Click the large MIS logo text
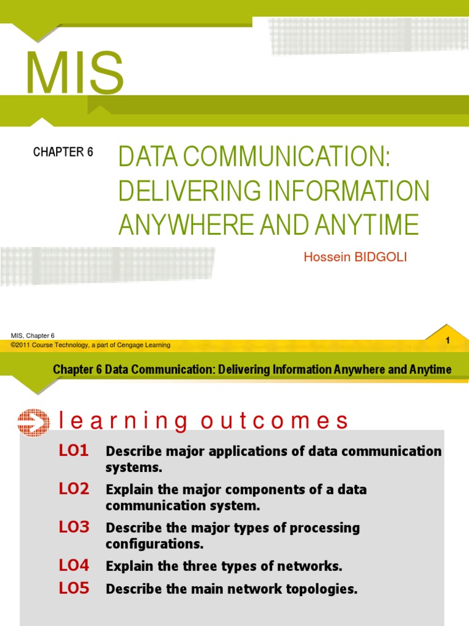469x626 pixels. click(x=75, y=73)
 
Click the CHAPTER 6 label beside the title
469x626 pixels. click(x=63, y=152)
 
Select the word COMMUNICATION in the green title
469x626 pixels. click(x=286, y=156)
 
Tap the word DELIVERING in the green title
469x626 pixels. click(x=189, y=191)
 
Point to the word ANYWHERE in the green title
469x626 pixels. click(x=186, y=224)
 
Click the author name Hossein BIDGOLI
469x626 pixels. click(x=355, y=257)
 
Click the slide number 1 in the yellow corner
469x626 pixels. click(x=448, y=340)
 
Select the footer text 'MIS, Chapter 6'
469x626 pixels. click(x=33, y=336)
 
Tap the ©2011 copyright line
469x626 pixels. click(x=90, y=345)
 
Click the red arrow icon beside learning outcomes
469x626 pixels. click(x=34, y=422)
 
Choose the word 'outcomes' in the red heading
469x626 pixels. click(x=274, y=421)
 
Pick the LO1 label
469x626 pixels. click(x=74, y=451)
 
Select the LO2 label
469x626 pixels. click(x=74, y=488)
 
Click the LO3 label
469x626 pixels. click(x=74, y=527)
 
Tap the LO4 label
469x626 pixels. click(x=74, y=565)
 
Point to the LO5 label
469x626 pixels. click(x=74, y=587)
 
